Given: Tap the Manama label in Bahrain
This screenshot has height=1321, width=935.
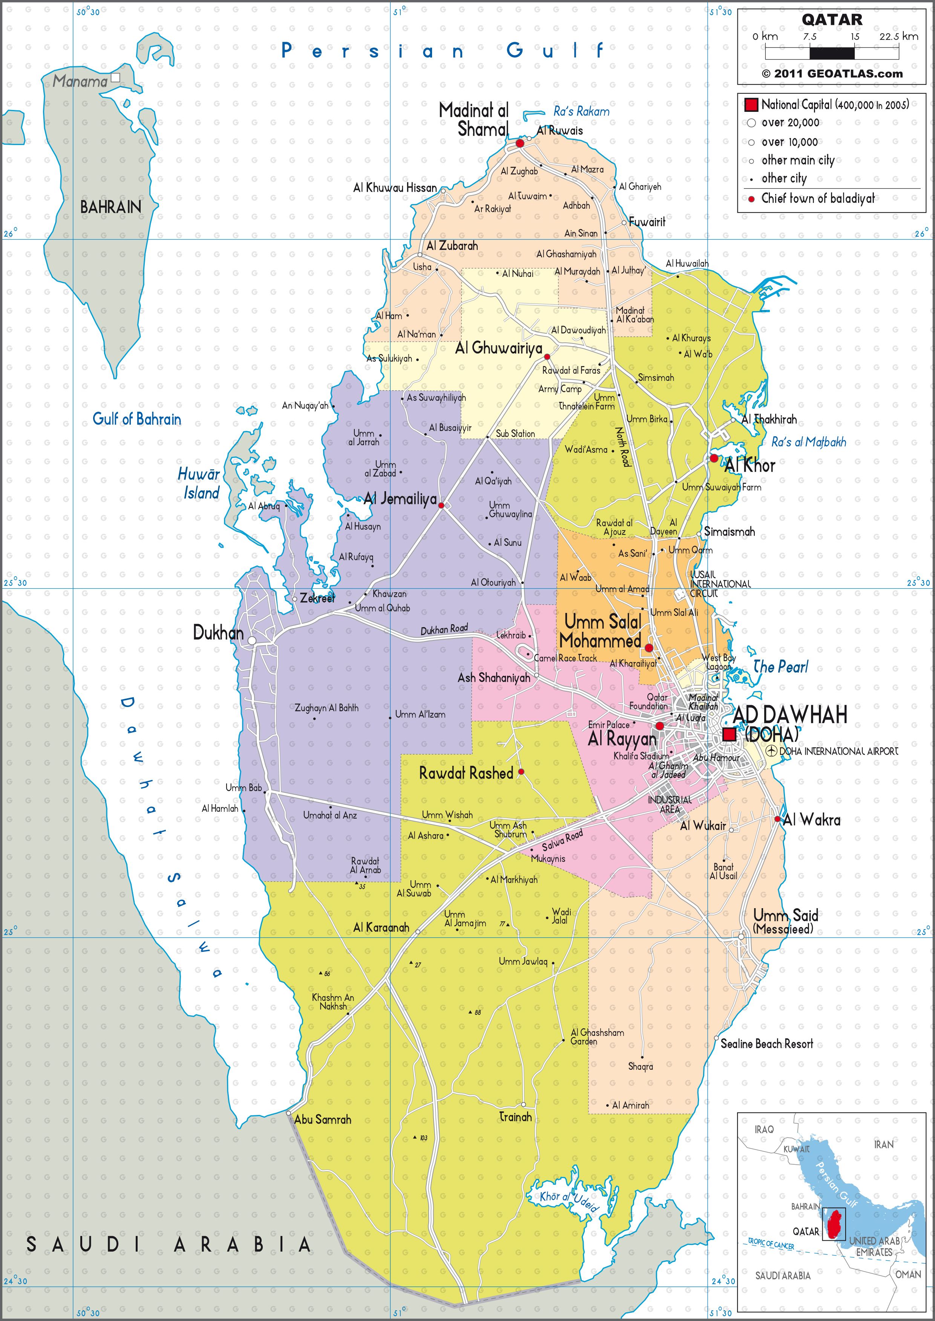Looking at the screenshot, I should (x=80, y=81).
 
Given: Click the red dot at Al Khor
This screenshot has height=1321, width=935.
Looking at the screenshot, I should (x=713, y=458).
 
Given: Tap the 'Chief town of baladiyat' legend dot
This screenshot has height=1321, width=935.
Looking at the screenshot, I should (x=751, y=199).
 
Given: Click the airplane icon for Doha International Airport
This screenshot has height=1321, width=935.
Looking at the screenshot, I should (x=772, y=750).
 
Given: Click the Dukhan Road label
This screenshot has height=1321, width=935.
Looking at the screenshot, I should (x=444, y=630).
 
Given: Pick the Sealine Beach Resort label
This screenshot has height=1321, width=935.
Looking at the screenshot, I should (x=766, y=1043).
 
